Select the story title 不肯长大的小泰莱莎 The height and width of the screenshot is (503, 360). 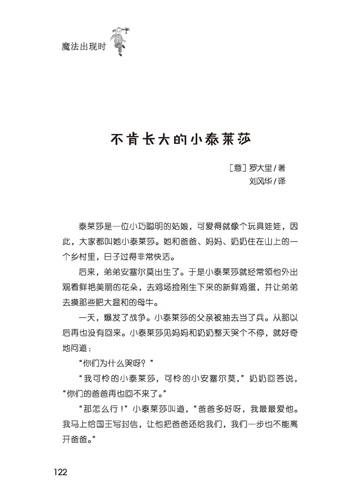coord(181,138)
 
